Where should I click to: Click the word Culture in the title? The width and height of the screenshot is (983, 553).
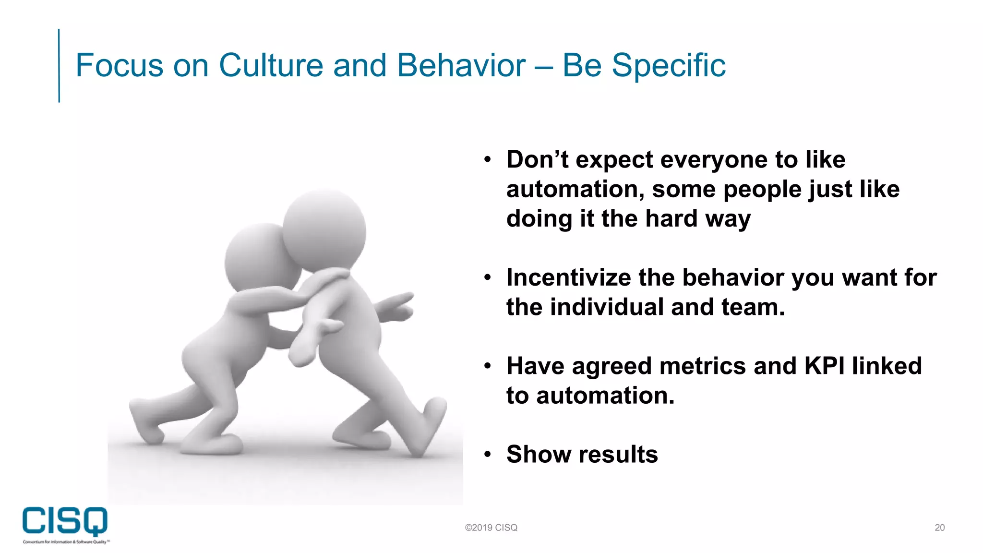pos(271,65)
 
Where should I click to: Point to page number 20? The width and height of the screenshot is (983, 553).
pos(939,528)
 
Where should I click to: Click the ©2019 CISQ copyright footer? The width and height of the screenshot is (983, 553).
pos(491,528)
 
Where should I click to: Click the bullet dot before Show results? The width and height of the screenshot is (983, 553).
pos(488,454)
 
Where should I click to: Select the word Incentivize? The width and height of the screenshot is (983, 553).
pos(568,277)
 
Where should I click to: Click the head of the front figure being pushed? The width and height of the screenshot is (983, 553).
pos(324,230)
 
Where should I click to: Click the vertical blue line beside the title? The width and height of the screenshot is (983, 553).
pos(59,65)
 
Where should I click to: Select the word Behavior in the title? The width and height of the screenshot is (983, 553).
pos(461,65)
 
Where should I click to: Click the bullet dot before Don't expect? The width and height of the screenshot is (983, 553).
pos(488,159)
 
